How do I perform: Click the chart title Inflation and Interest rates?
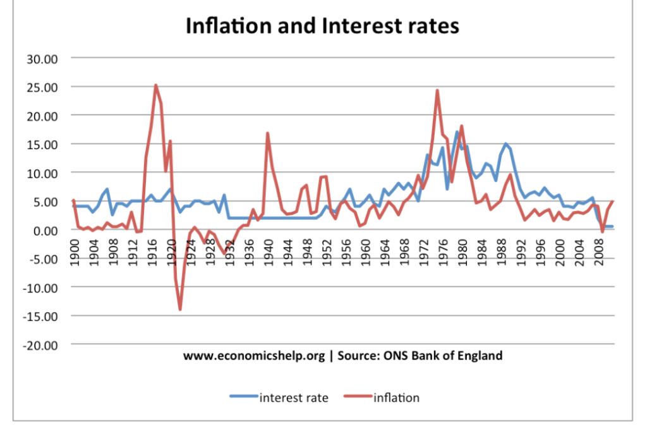point(322,26)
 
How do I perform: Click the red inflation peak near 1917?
point(155,85)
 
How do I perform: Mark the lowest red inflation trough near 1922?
point(180,309)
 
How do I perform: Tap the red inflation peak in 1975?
point(437,90)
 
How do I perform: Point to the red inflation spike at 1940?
point(267,133)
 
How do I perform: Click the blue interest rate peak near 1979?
point(456,132)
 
